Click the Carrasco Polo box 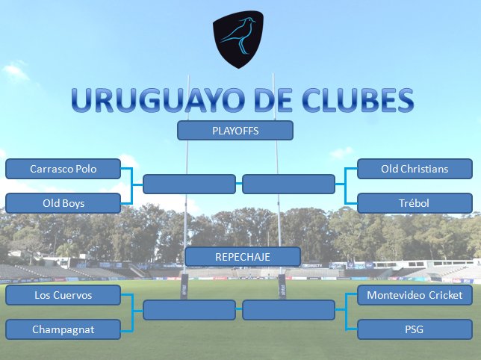click(63, 169)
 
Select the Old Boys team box click(63, 202)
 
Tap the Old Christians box click(413, 169)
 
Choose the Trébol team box click(413, 202)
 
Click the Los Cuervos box click(63, 296)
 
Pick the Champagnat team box click(63, 329)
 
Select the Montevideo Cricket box click(413, 296)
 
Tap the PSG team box click(413, 329)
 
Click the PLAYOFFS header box click(235, 131)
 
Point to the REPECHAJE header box click(242, 257)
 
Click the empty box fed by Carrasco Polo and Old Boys click(189, 184)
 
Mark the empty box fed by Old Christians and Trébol click(288, 184)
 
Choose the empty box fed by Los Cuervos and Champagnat click(189, 310)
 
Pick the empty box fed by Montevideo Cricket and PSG click(288, 310)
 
